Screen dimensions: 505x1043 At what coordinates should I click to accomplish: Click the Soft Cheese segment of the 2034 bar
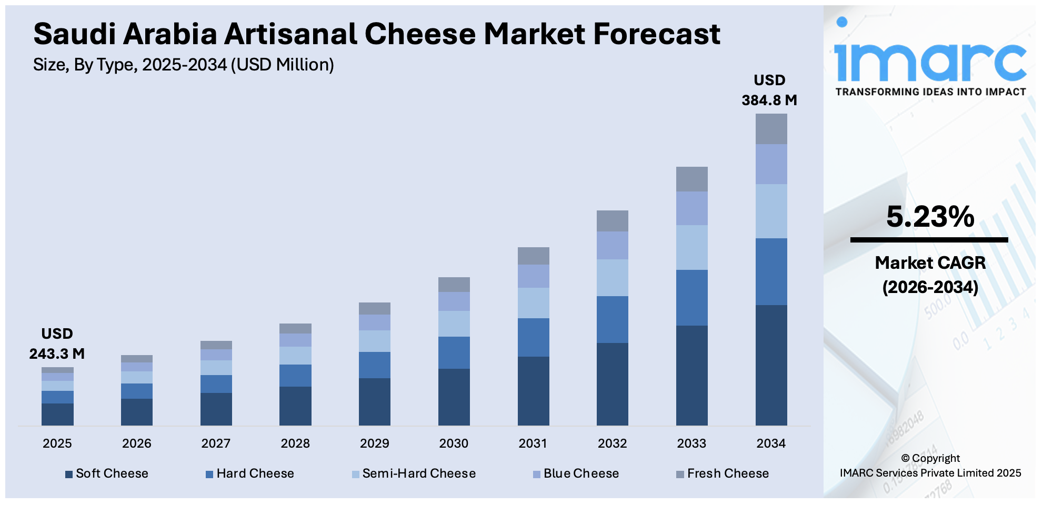click(x=771, y=365)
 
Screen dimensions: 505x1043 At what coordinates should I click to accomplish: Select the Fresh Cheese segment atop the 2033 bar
click(x=691, y=179)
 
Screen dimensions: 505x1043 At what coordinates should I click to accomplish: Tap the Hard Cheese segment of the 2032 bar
click(x=612, y=319)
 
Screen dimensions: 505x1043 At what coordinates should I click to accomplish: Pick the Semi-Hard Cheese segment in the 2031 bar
click(x=533, y=302)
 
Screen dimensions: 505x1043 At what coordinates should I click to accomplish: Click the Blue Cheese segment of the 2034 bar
click(x=771, y=164)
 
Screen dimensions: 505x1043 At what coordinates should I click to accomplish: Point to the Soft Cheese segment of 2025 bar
click(x=57, y=414)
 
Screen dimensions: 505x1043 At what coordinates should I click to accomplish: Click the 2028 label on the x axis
click(x=295, y=443)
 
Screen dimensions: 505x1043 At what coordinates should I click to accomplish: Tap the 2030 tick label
click(x=454, y=443)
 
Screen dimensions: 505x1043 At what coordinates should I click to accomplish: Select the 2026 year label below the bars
click(x=137, y=443)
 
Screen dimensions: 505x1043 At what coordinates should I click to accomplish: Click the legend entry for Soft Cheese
click(x=107, y=473)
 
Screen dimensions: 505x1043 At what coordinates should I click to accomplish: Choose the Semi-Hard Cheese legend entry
click(x=414, y=473)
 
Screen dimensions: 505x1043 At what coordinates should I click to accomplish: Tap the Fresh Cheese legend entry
click(x=723, y=473)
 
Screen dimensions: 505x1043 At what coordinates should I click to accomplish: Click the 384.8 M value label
click(x=769, y=100)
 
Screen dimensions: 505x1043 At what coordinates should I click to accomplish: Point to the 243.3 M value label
click(x=57, y=353)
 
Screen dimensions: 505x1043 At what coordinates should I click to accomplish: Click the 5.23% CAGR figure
click(x=930, y=217)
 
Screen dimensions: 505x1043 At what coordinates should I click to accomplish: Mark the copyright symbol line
click(x=930, y=458)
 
